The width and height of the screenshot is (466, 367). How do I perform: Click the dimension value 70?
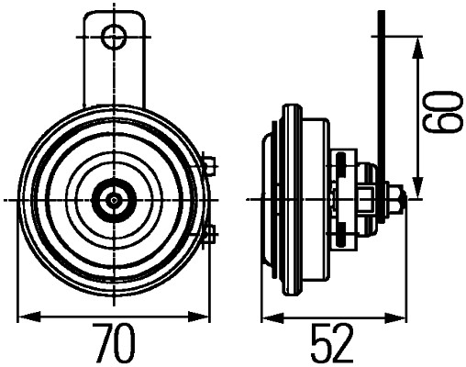[114, 343]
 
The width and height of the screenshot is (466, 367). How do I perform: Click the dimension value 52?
[332, 343]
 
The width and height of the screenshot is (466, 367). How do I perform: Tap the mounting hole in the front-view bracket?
[114, 37]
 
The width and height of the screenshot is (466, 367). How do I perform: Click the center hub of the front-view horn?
[113, 197]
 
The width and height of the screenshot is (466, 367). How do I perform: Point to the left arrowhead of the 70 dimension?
[25, 317]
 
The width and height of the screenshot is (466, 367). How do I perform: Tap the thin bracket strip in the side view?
[379, 92]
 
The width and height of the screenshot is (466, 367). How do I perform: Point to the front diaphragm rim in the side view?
[268, 197]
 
